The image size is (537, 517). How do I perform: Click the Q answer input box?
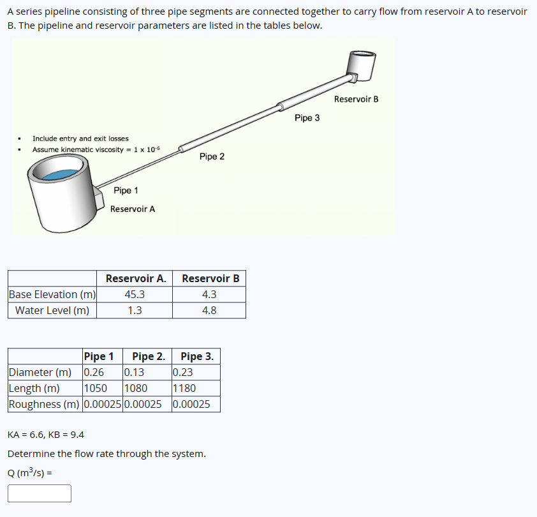point(40,493)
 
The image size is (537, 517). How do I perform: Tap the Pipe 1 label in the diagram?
point(126,190)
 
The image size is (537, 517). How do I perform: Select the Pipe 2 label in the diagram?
point(212,156)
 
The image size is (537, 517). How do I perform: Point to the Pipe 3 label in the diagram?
point(307,118)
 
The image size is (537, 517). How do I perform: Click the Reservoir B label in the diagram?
point(356,99)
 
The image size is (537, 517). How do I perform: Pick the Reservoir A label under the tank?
point(133,209)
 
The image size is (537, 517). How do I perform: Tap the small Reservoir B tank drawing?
point(360,63)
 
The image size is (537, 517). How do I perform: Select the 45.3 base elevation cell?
point(135,294)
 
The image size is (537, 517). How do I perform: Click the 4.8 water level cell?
point(209,310)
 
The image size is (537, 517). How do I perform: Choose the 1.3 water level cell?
point(135,310)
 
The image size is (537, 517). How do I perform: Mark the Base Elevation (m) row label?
point(52,294)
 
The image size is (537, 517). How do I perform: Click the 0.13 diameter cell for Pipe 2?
point(134,372)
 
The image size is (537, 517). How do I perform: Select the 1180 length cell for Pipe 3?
point(184,388)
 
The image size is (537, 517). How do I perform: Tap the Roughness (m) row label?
point(45,404)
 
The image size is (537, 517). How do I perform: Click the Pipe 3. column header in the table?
point(196,356)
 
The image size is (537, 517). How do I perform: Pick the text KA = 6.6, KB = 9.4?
point(46,435)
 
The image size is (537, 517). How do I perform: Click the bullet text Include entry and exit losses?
point(80,139)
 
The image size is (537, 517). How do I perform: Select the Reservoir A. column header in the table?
point(135,278)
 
